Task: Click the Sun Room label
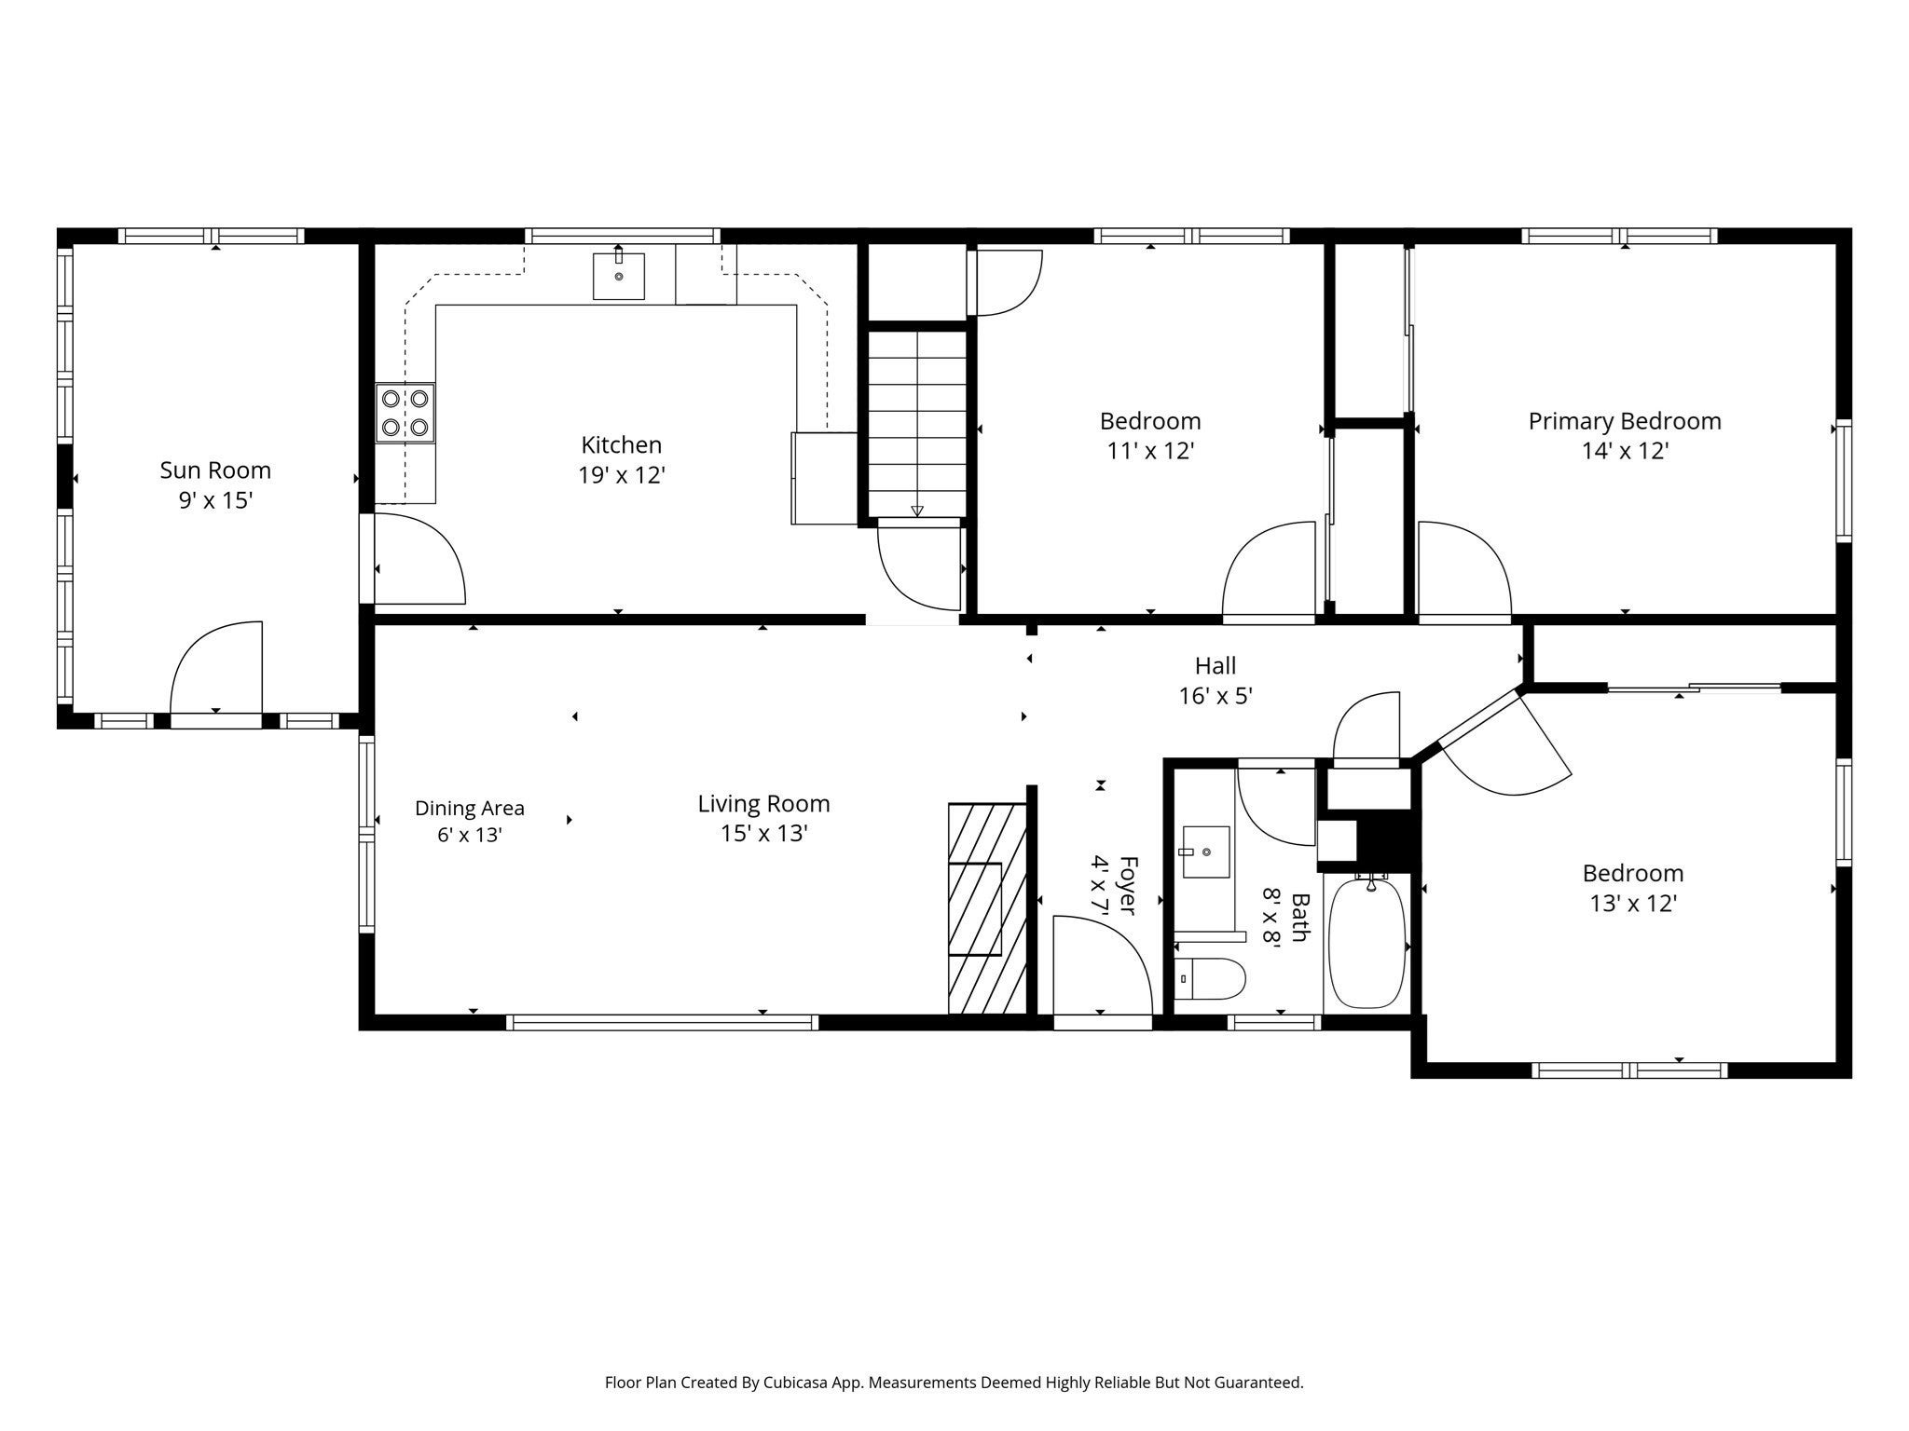[x=215, y=470]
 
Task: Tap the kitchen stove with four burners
[x=405, y=413]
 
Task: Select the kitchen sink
[x=619, y=275]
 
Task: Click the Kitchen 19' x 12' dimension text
[x=622, y=475]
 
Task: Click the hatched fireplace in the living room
[x=987, y=908]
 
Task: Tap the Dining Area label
[x=470, y=809]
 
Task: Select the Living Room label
[x=763, y=803]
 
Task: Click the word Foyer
[x=1128, y=885]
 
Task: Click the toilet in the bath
[x=1210, y=979]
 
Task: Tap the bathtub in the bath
[x=1367, y=941]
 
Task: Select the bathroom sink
[x=1207, y=852]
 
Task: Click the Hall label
[x=1215, y=666]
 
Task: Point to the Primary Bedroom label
[x=1625, y=421]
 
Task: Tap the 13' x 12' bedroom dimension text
[x=1633, y=904]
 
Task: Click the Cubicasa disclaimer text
[x=954, y=1383]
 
